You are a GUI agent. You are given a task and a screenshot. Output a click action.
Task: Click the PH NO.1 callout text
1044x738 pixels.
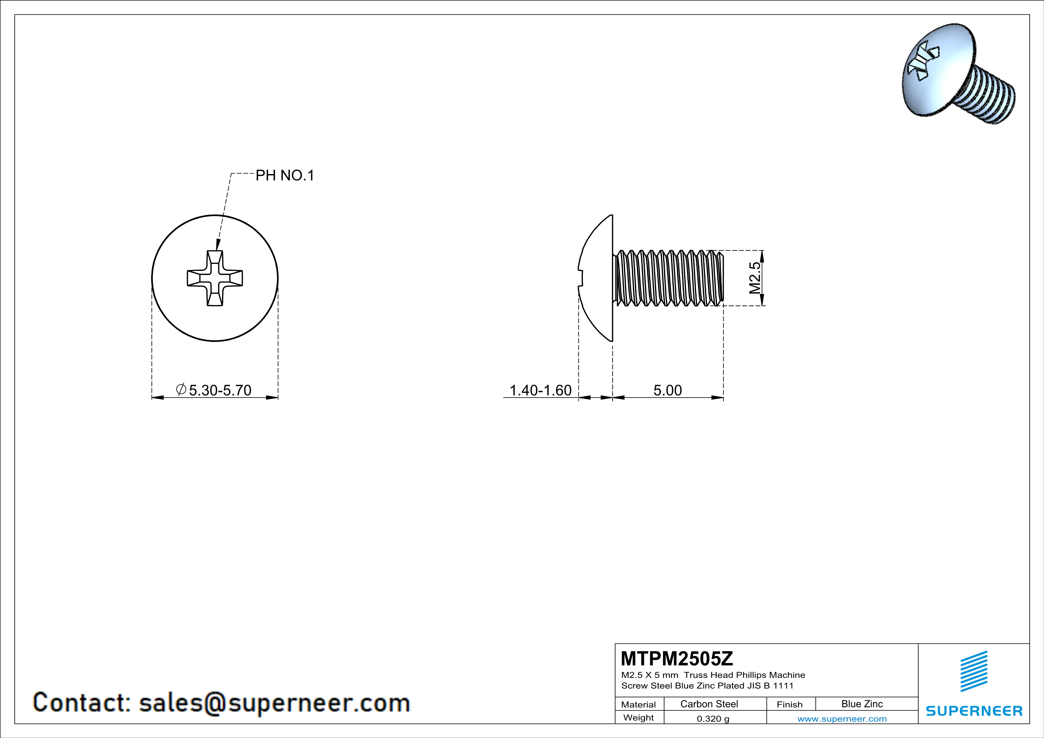click(285, 175)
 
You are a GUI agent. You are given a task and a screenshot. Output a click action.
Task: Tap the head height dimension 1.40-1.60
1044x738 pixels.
click(540, 390)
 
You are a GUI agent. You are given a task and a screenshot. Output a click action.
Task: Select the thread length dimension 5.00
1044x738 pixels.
click(667, 390)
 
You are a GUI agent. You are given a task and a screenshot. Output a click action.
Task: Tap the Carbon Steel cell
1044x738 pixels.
click(709, 704)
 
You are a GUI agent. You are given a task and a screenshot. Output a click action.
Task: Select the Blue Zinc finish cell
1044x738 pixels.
click(862, 704)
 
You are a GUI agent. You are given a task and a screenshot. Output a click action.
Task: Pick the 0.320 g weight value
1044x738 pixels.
click(712, 718)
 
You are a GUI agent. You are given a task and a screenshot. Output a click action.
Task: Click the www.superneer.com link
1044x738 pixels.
click(842, 718)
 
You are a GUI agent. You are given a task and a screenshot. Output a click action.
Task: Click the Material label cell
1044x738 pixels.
click(639, 704)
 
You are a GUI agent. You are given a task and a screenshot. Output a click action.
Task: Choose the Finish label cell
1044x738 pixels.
click(789, 704)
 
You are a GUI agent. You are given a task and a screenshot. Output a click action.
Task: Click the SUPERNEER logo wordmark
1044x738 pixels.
click(974, 711)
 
